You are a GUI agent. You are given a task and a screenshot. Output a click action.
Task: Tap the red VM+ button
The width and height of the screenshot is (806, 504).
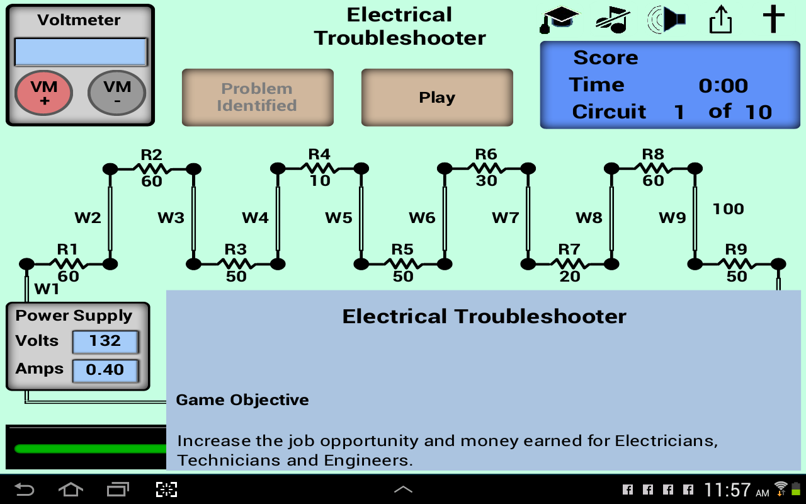tap(43, 93)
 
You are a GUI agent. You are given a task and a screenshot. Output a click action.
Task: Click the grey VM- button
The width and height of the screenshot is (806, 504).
tap(117, 93)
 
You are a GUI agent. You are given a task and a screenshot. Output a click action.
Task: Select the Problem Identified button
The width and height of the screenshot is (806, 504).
tap(257, 98)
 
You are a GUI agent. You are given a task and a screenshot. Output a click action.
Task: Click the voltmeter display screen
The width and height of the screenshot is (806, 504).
tap(81, 52)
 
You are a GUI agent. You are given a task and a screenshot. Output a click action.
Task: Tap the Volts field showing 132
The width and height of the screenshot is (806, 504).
tap(105, 341)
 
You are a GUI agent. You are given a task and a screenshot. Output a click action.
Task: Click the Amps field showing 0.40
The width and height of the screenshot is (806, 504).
tap(105, 370)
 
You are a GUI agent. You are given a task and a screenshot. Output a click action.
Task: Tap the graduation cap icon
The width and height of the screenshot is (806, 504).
tap(559, 20)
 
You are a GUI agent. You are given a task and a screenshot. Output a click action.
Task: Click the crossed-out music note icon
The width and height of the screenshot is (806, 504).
tap(613, 20)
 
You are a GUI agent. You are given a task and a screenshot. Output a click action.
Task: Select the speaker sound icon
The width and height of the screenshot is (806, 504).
tap(666, 20)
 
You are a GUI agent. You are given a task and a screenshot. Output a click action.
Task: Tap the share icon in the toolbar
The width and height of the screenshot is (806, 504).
tap(720, 20)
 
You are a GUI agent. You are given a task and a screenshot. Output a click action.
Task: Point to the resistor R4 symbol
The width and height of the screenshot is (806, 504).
tap(319, 168)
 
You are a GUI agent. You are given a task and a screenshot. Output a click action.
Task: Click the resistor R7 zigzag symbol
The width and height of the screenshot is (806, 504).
tap(569, 263)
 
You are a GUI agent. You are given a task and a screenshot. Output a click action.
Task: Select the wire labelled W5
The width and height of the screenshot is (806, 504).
tap(361, 217)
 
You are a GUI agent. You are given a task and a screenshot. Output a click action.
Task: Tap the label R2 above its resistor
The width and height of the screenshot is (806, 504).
tap(151, 154)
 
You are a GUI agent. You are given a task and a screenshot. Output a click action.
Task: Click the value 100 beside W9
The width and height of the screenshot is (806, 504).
tap(728, 209)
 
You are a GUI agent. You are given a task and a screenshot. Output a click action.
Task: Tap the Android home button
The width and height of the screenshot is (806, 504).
tap(70, 490)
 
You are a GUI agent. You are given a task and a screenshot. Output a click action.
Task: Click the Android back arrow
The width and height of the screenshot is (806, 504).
tap(24, 490)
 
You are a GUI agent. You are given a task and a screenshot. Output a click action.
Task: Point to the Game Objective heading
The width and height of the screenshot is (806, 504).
tap(242, 400)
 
